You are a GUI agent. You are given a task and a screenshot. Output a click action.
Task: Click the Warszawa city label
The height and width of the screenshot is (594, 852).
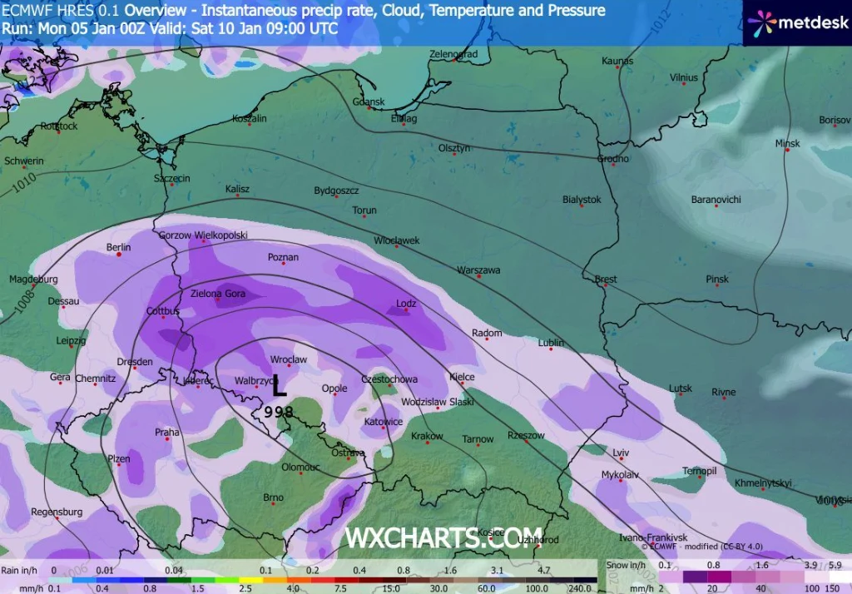point(478,270)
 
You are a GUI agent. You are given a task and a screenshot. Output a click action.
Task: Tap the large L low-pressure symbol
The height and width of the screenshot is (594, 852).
point(280,385)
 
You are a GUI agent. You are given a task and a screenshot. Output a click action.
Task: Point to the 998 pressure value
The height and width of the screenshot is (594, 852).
point(277,411)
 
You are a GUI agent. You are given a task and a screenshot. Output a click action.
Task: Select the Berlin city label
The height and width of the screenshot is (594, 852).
point(119,247)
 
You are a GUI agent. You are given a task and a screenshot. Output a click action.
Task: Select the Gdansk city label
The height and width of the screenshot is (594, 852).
point(369,102)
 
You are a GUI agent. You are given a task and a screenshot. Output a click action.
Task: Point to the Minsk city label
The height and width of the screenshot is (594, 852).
point(787,143)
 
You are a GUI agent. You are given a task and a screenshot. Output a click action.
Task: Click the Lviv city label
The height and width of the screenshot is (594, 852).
point(621,452)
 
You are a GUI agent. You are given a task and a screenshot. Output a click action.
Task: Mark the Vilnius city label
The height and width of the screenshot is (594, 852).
point(683,77)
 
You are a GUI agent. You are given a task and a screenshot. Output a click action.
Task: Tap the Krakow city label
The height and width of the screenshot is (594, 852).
point(427,436)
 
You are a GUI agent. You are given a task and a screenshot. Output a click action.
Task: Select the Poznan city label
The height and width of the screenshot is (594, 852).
point(283,257)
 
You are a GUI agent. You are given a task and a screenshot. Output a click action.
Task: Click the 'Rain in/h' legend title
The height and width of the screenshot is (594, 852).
point(19,571)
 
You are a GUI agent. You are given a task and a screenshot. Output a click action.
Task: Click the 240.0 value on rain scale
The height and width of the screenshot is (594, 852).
point(580,587)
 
